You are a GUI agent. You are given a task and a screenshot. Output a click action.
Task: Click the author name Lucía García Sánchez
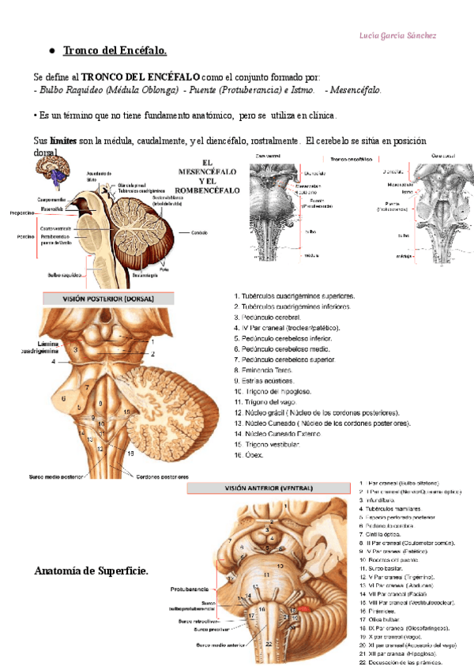397,36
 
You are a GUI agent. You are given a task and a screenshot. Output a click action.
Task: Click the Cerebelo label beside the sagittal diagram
198,232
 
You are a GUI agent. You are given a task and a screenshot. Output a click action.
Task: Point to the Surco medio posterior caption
55,477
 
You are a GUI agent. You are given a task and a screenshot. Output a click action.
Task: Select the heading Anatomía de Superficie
92,570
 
